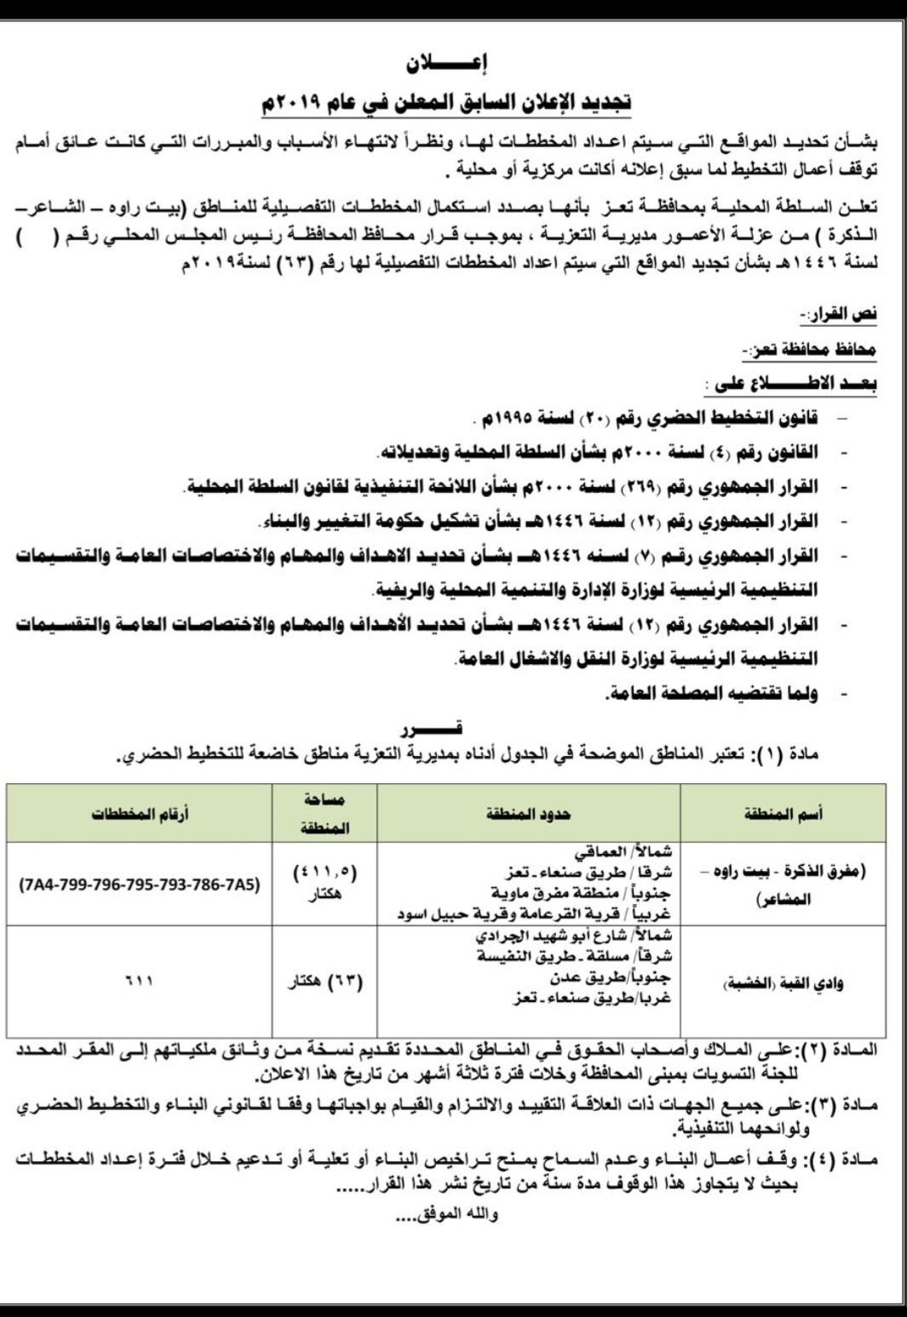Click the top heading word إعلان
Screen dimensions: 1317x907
coord(452,62)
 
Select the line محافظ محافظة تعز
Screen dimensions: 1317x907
coord(809,350)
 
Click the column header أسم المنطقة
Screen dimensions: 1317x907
coord(783,815)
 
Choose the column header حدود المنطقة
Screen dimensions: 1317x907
coord(528,815)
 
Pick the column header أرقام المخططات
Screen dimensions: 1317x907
coord(141,815)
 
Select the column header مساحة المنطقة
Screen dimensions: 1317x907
coord(324,814)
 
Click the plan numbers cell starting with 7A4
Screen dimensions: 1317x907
coord(140,885)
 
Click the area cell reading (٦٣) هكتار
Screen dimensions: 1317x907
coord(324,982)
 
